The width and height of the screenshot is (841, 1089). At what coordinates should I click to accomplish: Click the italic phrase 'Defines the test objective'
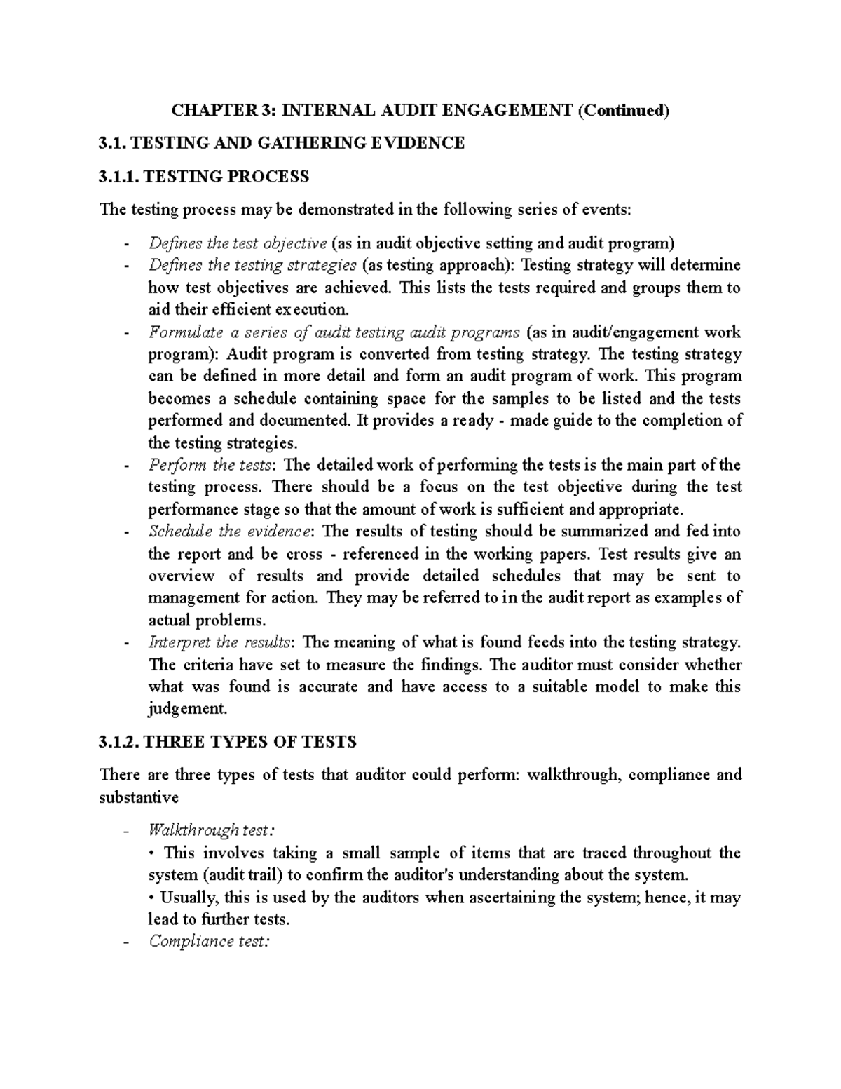point(238,243)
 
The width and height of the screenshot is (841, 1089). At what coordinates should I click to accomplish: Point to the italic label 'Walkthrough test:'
point(212,831)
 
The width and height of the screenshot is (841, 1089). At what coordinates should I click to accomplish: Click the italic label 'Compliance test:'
point(209,941)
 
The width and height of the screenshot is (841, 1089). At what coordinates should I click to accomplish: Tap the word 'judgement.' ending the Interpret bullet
point(188,709)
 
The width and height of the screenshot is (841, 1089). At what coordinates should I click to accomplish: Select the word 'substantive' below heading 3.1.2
point(139,797)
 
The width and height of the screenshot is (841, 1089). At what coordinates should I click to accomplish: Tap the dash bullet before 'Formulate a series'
point(125,332)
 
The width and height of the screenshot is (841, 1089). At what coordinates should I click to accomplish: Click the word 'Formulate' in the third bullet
point(186,332)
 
